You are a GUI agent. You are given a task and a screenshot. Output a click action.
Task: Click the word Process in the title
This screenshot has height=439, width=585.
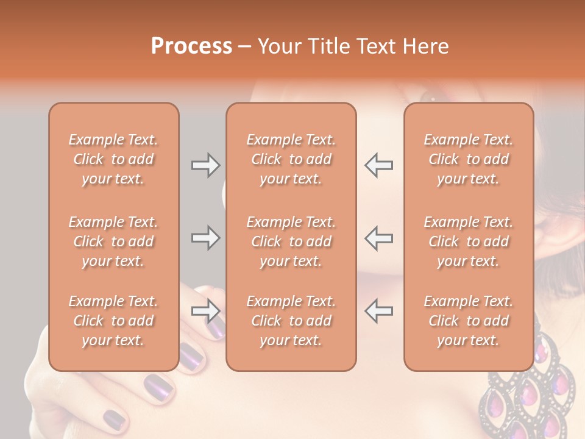[x=191, y=46]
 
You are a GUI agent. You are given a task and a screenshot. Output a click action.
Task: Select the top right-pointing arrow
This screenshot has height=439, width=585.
[x=205, y=165]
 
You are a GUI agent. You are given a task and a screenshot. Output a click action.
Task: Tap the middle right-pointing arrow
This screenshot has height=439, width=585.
[x=205, y=238]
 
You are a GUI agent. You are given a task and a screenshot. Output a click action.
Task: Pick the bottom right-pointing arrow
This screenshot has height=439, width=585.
[x=205, y=311]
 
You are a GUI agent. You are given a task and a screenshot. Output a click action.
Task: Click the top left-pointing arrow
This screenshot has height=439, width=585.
[x=379, y=165]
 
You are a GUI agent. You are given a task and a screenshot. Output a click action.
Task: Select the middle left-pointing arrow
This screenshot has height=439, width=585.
[x=379, y=238]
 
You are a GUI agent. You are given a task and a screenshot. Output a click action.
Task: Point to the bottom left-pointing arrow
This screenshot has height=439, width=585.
[x=379, y=311]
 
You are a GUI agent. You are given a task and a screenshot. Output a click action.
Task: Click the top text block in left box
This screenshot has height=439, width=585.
[x=113, y=159]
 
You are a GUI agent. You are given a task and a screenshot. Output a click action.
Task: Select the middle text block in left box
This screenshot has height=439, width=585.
[x=113, y=241]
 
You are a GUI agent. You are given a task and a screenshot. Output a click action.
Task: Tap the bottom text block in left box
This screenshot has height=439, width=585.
[x=113, y=321]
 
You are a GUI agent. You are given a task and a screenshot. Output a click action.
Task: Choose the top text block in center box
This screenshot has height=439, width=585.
[x=291, y=159]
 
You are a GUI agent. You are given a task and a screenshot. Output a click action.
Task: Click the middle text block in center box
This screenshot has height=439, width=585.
[x=291, y=241]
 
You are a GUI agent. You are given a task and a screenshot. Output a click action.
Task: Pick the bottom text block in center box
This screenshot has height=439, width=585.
[x=291, y=321]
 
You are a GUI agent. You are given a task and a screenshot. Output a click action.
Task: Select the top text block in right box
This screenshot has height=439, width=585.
[x=468, y=159]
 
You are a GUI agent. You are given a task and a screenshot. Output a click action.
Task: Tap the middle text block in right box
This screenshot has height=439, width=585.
[x=468, y=241]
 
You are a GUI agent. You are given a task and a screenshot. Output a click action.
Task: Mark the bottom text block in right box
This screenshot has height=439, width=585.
[x=468, y=321]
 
